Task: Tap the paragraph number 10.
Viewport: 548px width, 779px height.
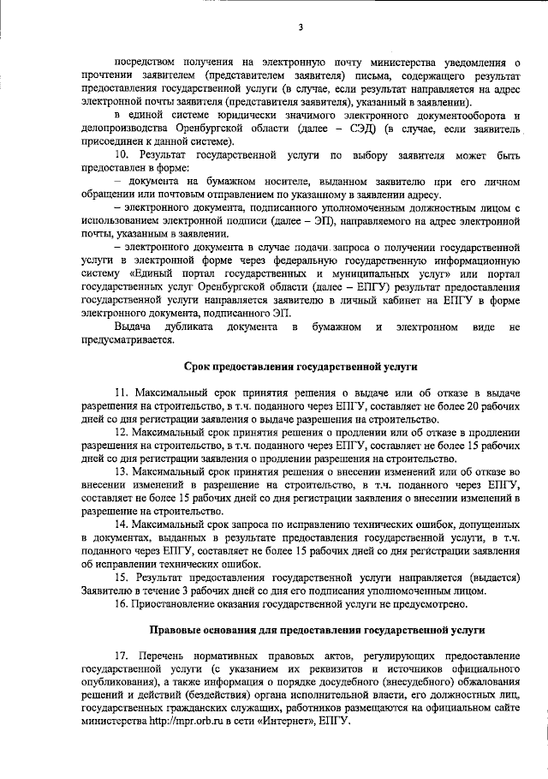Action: coord(121,154)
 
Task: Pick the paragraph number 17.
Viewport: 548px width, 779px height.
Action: coord(121,656)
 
